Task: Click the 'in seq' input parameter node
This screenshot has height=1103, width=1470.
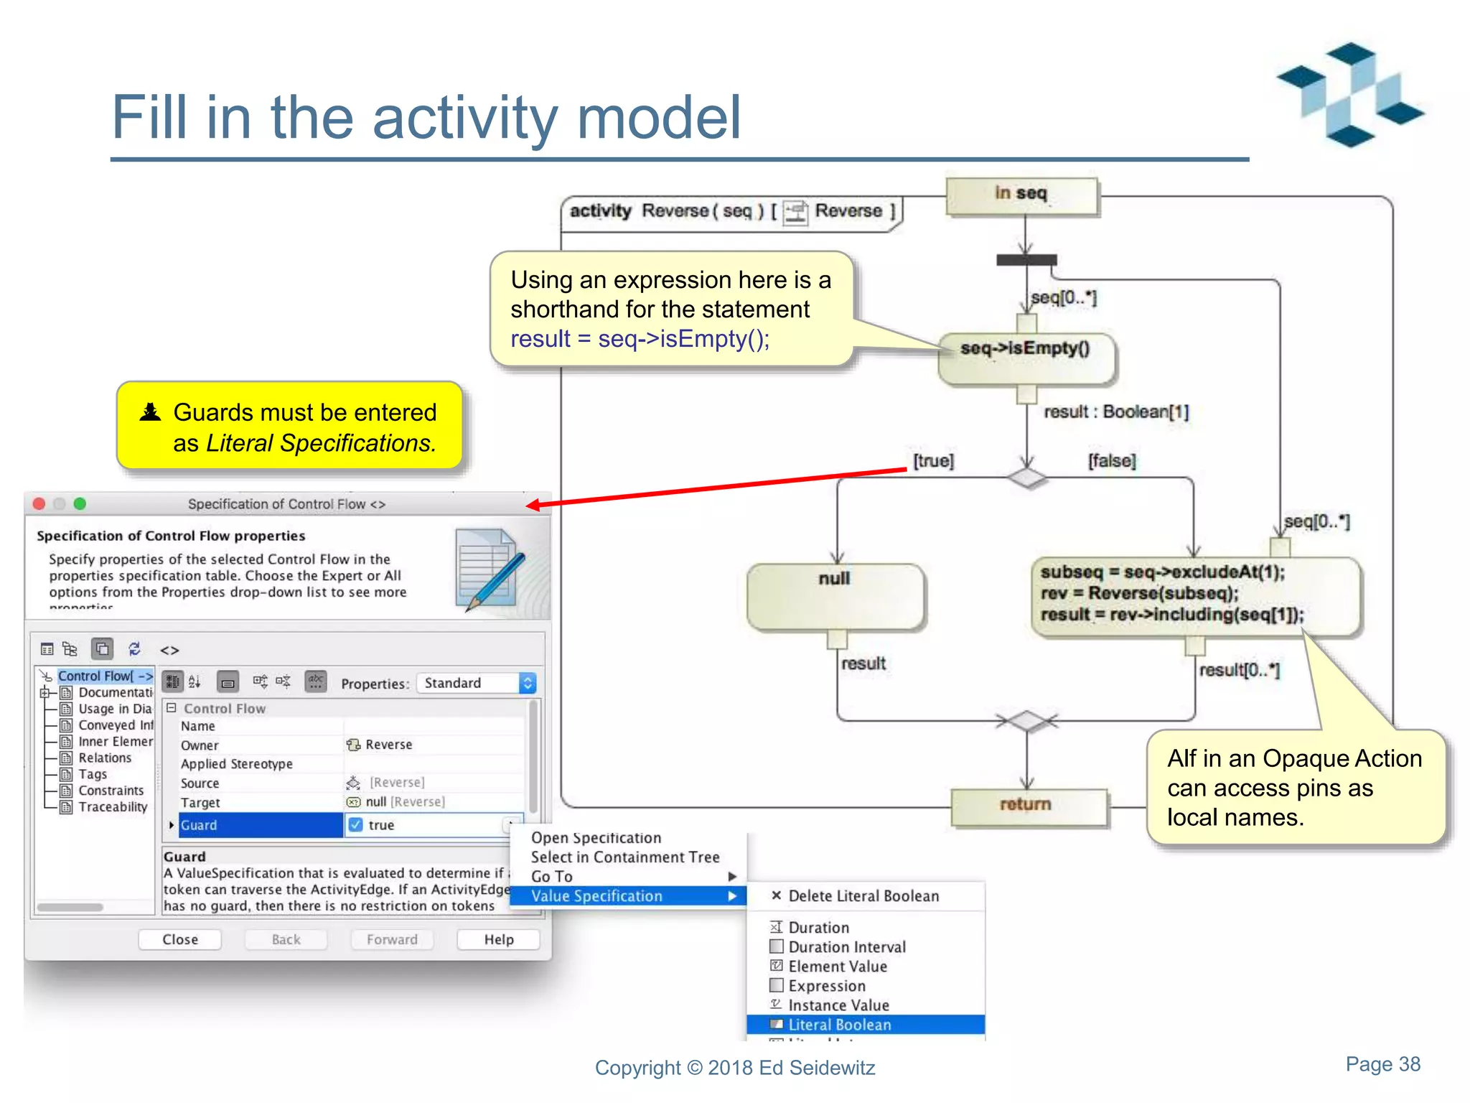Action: coord(1021,195)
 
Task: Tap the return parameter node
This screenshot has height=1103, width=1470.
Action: coord(1027,806)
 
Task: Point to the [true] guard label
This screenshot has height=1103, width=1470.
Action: coord(933,461)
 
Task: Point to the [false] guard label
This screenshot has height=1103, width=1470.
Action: coord(1112,461)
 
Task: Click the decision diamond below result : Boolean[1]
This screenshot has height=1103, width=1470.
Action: coord(1027,478)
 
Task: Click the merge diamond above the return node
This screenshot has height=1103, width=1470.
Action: coord(1027,720)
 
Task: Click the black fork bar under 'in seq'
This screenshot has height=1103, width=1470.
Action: coord(1026,260)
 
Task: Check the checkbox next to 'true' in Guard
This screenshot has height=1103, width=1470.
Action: coord(355,825)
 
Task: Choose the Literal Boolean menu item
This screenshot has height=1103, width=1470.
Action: coord(840,1025)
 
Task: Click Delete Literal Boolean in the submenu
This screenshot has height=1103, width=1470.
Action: coord(863,896)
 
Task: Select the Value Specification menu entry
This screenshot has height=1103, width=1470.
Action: coord(596,896)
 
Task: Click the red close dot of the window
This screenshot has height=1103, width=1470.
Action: coord(39,504)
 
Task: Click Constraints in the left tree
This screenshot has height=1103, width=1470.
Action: coord(111,791)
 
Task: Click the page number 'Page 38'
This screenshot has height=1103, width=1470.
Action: coord(1382,1064)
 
